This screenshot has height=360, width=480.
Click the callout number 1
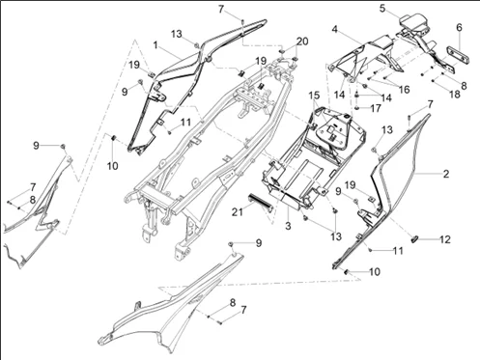point(155,45)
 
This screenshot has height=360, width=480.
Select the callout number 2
point(445,175)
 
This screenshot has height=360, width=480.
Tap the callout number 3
point(287,223)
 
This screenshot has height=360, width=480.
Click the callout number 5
point(381,9)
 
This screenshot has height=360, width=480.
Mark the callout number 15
point(314,96)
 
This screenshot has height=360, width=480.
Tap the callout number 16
point(404,89)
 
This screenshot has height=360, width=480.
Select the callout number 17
point(376,108)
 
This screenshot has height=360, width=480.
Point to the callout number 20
point(302,42)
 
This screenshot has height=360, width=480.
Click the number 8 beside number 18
point(463,86)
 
